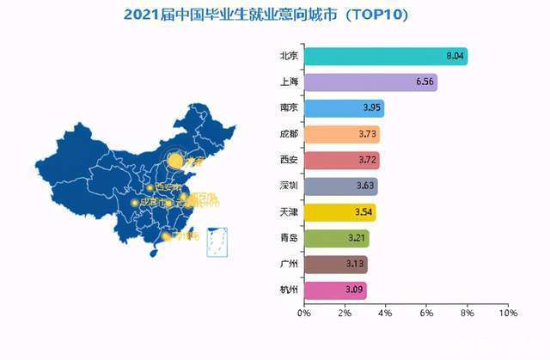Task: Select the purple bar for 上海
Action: (x=370, y=82)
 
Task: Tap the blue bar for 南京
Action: (x=343, y=108)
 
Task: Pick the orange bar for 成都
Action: (x=340, y=134)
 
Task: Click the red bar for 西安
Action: (x=340, y=161)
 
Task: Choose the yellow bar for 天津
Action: (x=339, y=212)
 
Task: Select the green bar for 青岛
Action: (x=335, y=238)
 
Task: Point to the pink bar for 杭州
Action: (x=334, y=290)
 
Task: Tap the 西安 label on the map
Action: (x=163, y=187)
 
